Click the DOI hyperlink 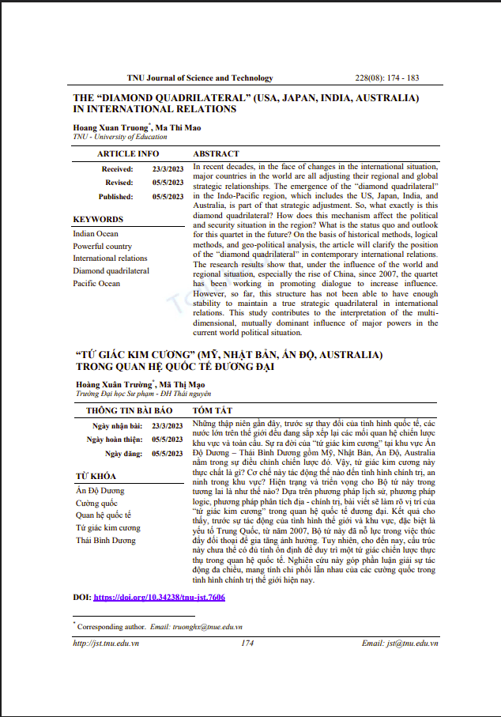160,598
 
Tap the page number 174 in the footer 247,643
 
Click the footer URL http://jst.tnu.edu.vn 106,643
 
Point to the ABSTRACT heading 216,154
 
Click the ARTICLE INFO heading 128,154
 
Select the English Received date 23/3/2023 168,169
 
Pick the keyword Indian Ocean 96,234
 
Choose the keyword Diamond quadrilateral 111,270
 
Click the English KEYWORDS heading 98,219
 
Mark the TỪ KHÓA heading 96,476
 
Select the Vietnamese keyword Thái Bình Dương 106,540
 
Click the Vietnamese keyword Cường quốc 96,503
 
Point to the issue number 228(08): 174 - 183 387,78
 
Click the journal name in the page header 200,78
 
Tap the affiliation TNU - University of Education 120,137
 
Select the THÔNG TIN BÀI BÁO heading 129,411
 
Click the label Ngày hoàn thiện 115,440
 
